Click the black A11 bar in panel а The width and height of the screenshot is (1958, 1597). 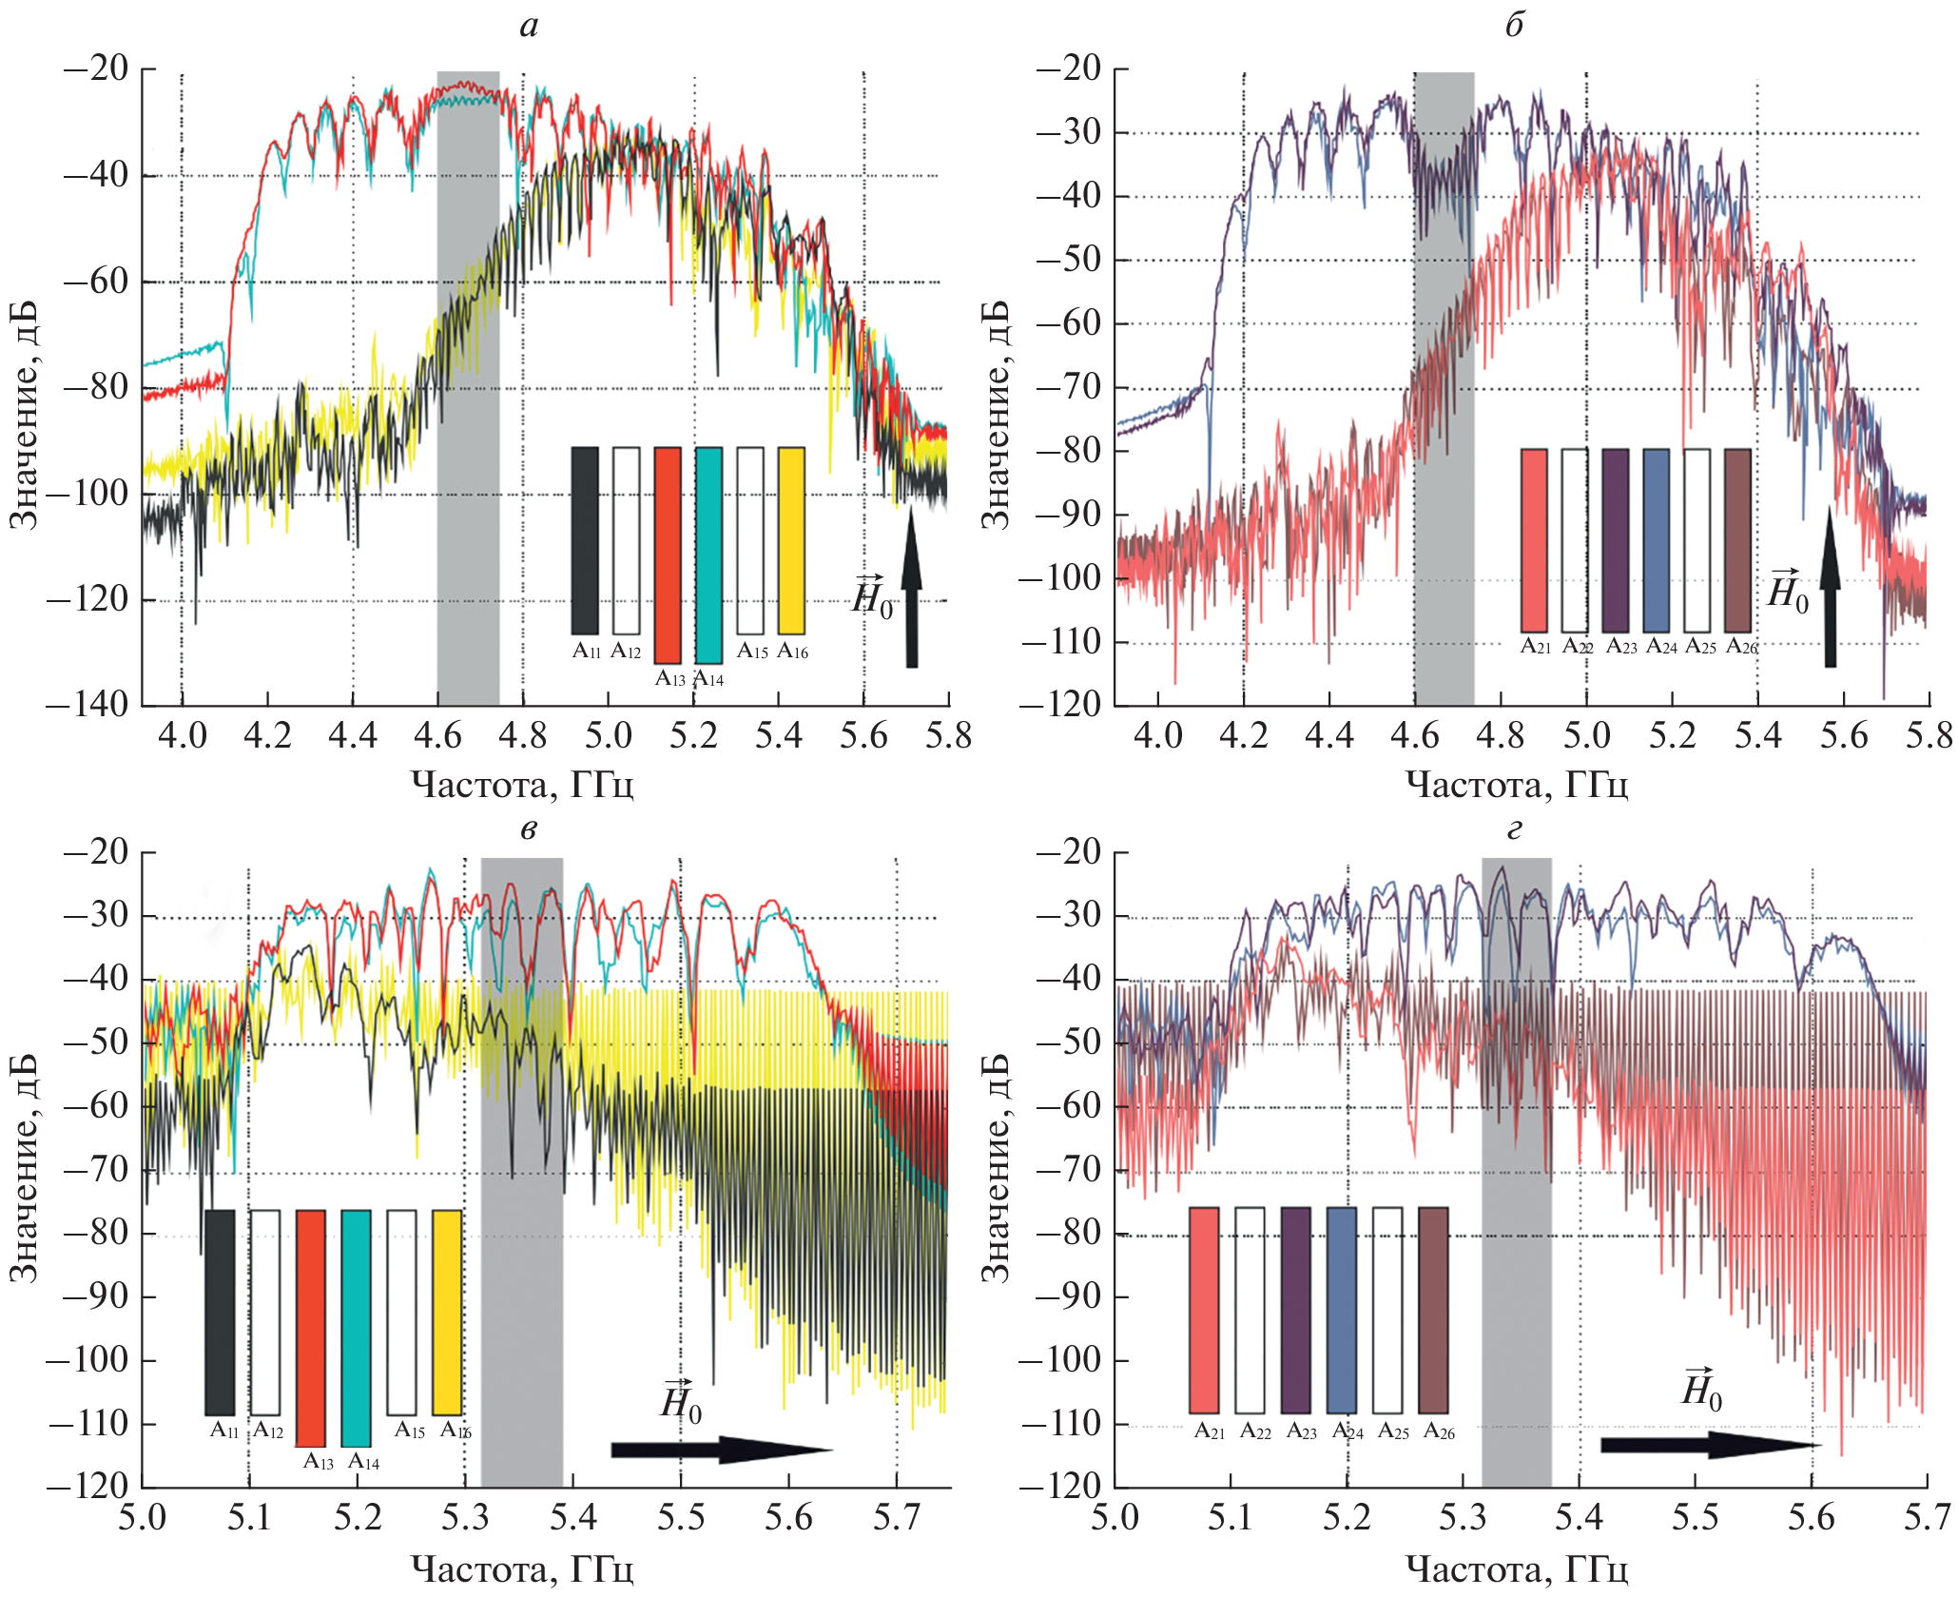pyautogui.click(x=585, y=540)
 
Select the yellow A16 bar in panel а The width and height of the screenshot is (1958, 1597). pyautogui.click(x=791, y=540)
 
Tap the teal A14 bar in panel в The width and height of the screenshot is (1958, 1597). pyautogui.click(x=356, y=1328)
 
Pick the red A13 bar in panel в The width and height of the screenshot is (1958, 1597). pyautogui.click(x=310, y=1328)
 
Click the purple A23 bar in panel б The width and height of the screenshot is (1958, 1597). pyautogui.click(x=1615, y=540)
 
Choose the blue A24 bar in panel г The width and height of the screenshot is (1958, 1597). pyautogui.click(x=1341, y=1310)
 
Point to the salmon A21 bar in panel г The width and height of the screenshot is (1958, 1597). pyautogui.click(x=1204, y=1310)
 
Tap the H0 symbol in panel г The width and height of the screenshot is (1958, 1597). pyautogui.click(x=1701, y=1390)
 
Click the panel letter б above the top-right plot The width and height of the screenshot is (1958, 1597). pyautogui.click(x=1514, y=25)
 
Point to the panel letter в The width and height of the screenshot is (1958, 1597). pyautogui.click(x=529, y=828)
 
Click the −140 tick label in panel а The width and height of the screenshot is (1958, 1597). pyautogui.click(x=87, y=705)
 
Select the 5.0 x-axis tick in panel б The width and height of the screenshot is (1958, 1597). pyautogui.click(x=1586, y=735)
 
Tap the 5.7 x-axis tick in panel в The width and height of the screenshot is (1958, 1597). pyautogui.click(x=896, y=1517)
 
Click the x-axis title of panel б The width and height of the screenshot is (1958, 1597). pyautogui.click(x=1517, y=785)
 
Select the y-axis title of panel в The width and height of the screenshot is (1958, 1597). pyautogui.click(x=23, y=1167)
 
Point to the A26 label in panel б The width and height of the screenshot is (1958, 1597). pyautogui.click(x=1741, y=647)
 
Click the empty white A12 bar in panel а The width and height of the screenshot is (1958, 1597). pyautogui.click(x=626, y=540)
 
